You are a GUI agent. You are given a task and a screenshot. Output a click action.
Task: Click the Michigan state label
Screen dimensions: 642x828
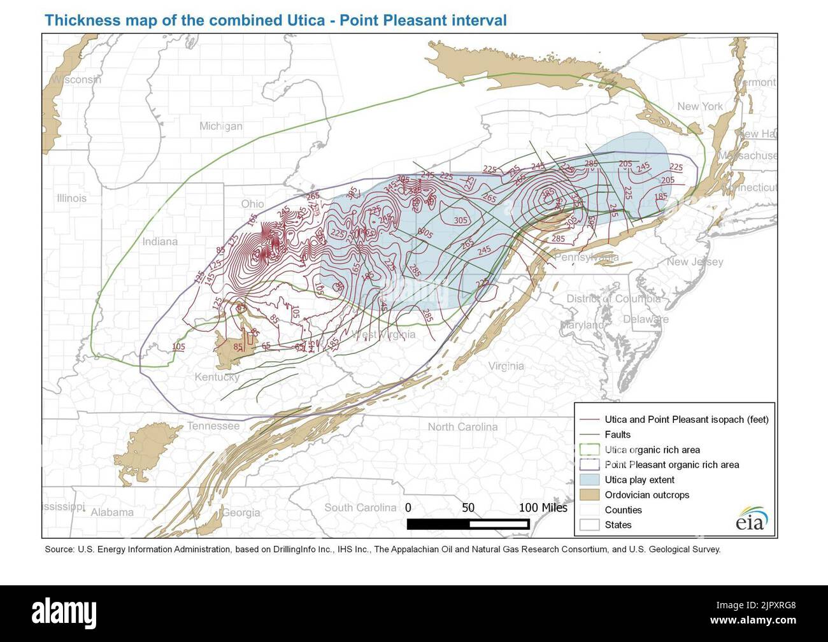click(x=220, y=126)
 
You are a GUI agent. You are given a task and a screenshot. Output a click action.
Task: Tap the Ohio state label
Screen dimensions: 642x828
click(x=252, y=204)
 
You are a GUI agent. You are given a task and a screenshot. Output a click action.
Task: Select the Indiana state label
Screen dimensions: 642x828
click(x=160, y=241)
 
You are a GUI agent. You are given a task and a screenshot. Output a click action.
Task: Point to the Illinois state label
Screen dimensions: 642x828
click(x=71, y=198)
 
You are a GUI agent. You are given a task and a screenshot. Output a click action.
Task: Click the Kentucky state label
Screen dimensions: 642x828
click(x=217, y=378)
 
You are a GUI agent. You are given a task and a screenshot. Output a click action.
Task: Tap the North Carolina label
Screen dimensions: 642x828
click(x=462, y=427)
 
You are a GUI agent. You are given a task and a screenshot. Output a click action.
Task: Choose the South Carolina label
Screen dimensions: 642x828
click(x=360, y=508)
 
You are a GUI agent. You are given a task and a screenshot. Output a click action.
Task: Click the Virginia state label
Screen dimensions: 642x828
click(x=506, y=366)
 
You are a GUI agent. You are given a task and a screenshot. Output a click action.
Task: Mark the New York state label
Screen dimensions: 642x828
click(x=700, y=106)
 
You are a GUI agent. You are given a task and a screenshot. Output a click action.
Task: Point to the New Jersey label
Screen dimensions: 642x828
click(x=695, y=262)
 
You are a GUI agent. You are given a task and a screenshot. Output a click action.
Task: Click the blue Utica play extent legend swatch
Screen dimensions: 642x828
click(x=590, y=480)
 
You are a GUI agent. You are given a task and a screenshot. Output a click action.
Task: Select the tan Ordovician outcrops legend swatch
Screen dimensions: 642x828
click(x=590, y=495)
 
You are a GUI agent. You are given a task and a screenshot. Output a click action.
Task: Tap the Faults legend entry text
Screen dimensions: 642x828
click(x=617, y=434)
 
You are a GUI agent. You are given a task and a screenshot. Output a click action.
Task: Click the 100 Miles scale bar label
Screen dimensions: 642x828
click(x=543, y=508)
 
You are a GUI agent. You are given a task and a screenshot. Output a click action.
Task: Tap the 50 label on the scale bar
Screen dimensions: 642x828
click(x=468, y=508)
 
